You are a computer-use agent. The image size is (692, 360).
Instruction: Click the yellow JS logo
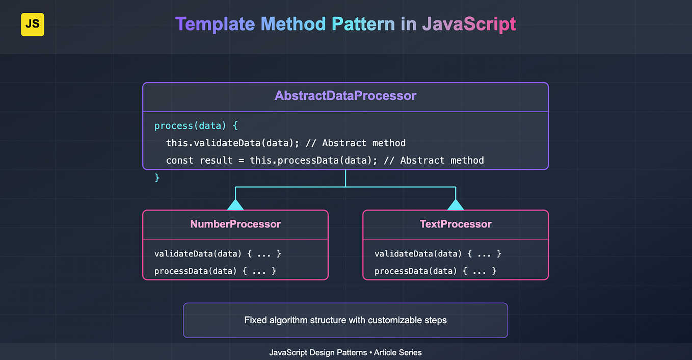point(33,24)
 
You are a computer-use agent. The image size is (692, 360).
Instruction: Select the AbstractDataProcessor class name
point(345,95)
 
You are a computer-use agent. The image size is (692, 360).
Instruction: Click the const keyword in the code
point(180,160)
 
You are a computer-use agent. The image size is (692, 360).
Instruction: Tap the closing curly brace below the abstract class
point(157,177)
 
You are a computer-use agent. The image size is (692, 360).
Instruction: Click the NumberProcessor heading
point(235,224)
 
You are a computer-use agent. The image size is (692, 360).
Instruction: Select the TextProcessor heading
point(456,224)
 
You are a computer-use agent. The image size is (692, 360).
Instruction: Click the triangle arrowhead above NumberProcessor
point(235,205)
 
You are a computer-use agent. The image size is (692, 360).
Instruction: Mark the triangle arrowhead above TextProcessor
point(456,205)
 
